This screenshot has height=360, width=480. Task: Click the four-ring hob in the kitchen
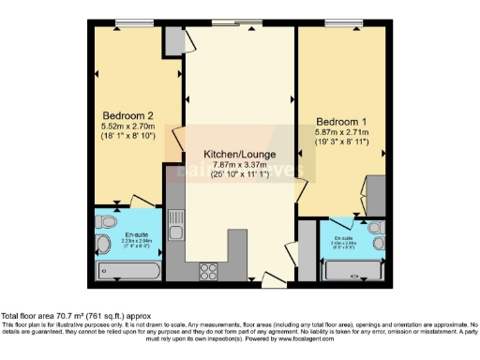coord(209,272)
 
